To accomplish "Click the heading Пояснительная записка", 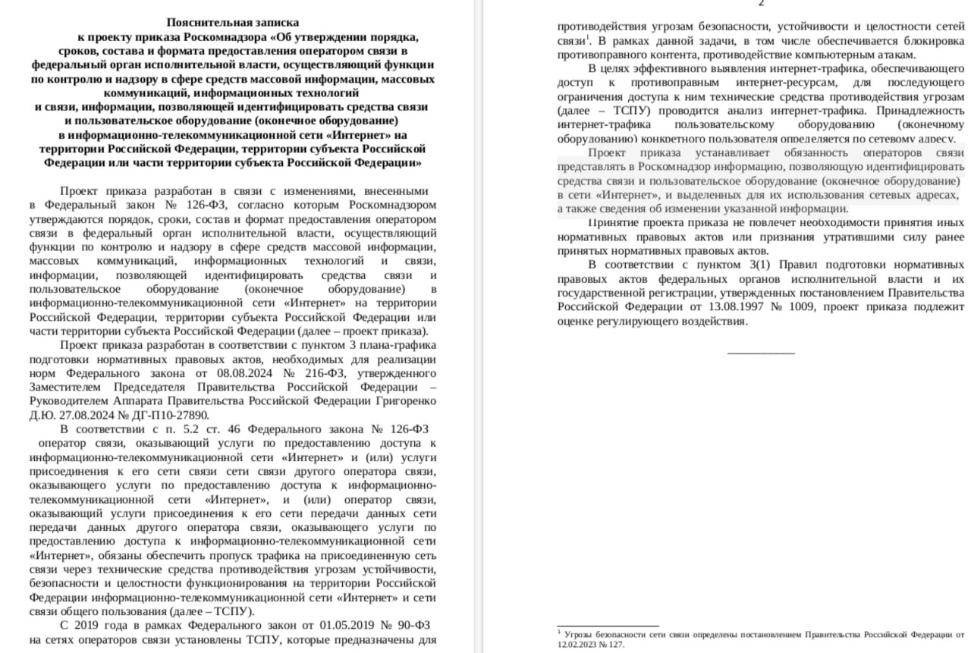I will click(x=232, y=23).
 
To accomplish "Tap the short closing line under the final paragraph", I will click(x=761, y=353).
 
